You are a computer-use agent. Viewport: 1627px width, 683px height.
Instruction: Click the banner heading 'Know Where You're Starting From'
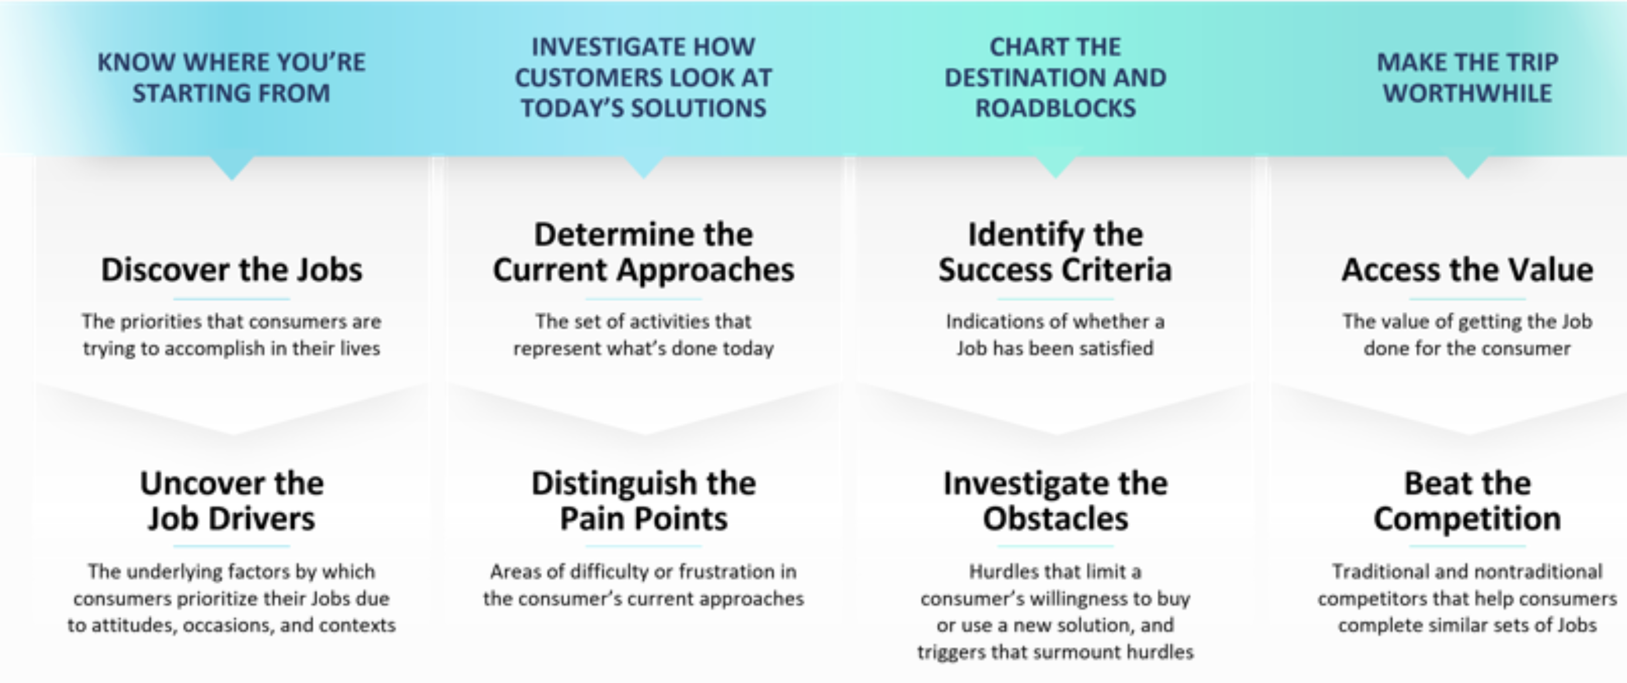point(231,78)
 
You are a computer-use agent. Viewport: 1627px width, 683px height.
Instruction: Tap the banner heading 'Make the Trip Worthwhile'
point(1467,78)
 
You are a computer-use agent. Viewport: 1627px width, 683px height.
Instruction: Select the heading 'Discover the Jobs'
point(232,270)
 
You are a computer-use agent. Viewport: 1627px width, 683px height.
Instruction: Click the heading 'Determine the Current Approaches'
point(644,253)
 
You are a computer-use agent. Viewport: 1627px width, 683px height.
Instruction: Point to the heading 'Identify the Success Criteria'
point(1055,253)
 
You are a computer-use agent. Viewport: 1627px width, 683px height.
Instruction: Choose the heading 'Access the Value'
point(1467,270)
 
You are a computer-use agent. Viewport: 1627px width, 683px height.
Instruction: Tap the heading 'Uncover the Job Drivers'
point(232,501)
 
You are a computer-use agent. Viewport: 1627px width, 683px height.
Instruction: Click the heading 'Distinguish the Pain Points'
point(644,501)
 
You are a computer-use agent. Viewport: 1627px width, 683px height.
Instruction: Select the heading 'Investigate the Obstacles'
point(1055,501)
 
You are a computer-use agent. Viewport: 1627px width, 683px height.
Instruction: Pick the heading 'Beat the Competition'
point(1467,501)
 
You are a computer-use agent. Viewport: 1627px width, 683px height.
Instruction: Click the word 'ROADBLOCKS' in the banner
point(1055,109)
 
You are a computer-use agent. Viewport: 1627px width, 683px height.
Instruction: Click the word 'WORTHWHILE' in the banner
point(1467,93)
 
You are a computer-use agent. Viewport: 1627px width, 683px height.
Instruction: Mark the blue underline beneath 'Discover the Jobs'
point(232,299)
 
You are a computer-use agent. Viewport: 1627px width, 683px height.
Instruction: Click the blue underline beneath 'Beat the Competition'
point(1467,546)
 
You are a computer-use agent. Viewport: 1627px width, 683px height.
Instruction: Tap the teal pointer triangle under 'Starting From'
point(232,167)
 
